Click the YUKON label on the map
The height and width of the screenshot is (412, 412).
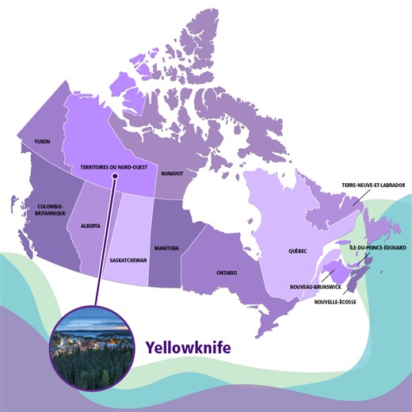[x=42, y=141]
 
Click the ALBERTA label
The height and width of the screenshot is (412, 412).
[x=90, y=226]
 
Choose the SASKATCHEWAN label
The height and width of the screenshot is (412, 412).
[x=128, y=260]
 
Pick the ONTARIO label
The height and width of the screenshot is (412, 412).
[x=227, y=272]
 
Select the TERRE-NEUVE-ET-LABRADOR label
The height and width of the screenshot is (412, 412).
[x=373, y=185]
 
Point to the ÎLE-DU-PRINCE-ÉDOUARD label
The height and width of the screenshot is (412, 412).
[x=378, y=248]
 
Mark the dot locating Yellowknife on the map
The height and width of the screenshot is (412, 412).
[x=115, y=177]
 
